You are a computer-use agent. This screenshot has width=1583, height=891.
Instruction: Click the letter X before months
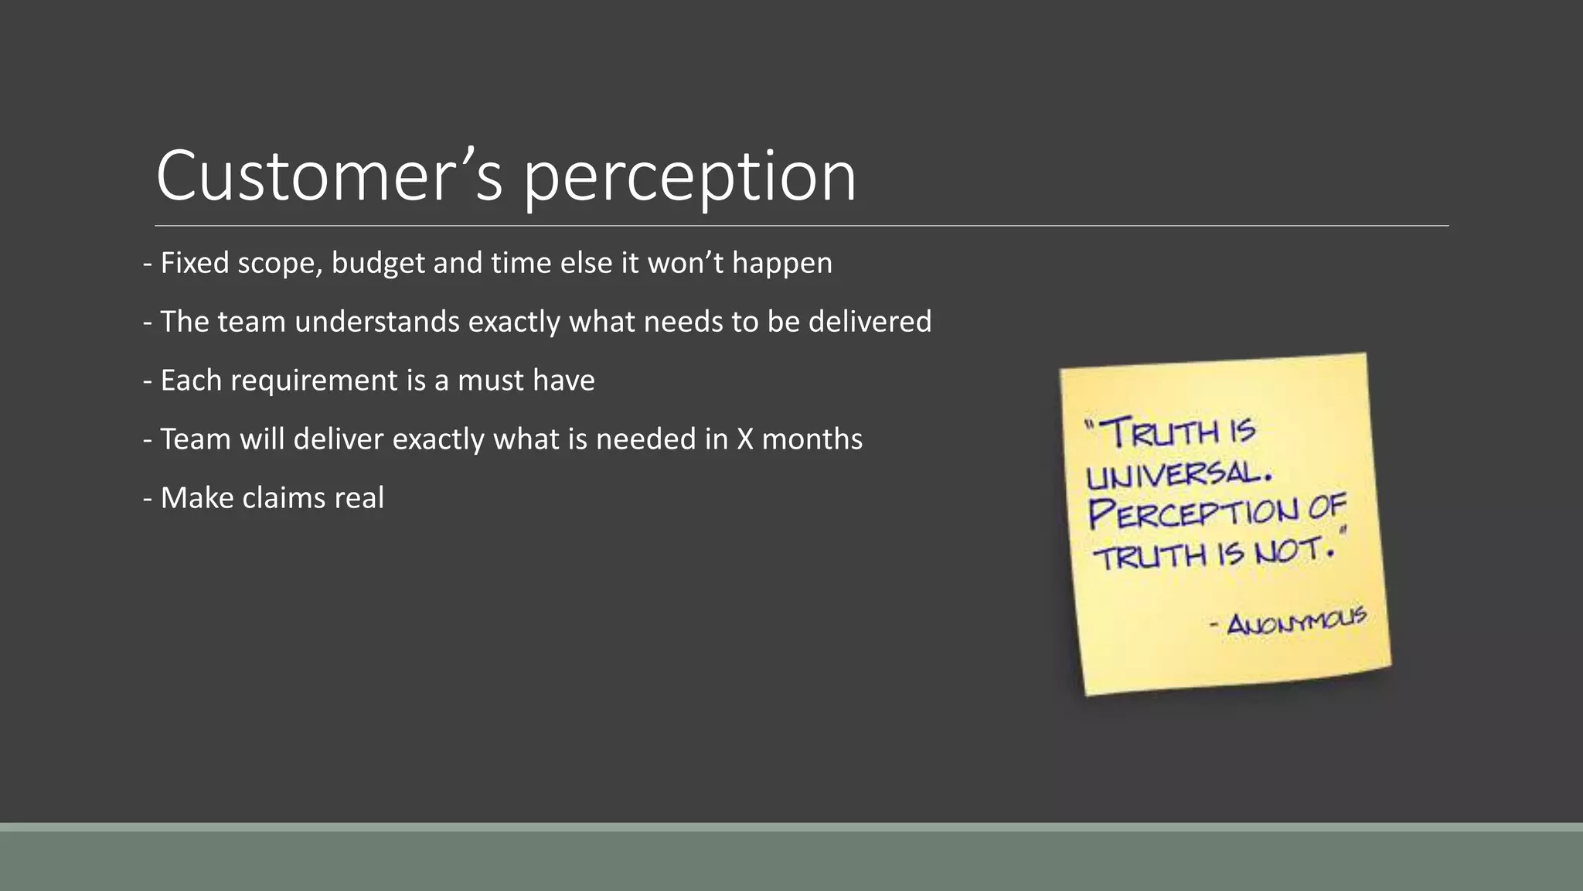745,439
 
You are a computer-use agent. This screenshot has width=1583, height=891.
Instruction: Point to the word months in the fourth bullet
812,439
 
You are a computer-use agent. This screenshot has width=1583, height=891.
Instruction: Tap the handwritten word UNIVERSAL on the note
1178,474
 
